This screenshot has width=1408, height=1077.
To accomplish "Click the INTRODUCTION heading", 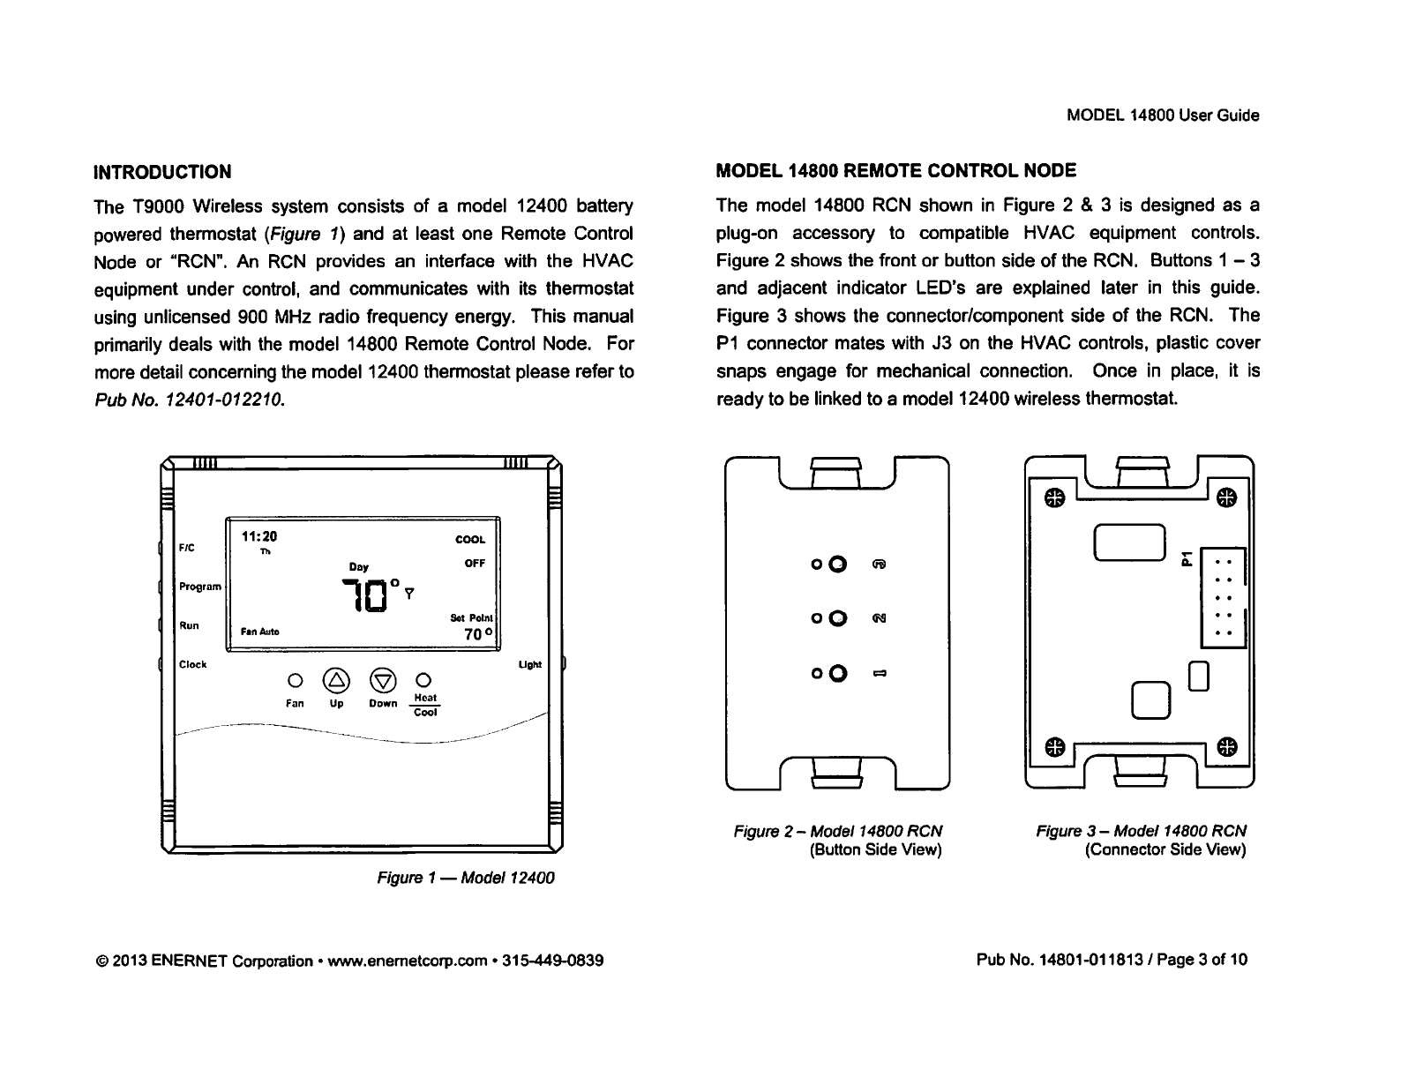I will [x=163, y=171].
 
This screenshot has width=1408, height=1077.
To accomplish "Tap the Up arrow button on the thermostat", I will [x=336, y=679].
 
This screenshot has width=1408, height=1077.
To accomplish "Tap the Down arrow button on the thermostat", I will [x=384, y=679].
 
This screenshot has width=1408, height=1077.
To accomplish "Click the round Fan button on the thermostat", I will [x=296, y=680].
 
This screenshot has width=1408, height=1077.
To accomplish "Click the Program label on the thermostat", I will [x=200, y=587].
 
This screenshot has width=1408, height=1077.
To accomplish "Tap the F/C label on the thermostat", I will [x=187, y=547].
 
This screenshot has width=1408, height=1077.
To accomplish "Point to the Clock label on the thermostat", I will [x=192, y=664].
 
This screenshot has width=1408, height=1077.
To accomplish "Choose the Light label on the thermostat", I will [x=529, y=664].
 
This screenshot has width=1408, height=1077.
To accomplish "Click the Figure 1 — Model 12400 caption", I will [x=465, y=879].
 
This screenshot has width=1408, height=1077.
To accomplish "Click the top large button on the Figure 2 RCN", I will [x=838, y=565].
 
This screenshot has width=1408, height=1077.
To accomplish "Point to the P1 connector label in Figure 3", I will [x=1187, y=556].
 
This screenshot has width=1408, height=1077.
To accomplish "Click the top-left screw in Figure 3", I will [x=1051, y=498].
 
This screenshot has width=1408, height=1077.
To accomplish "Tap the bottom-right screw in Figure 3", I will [x=1227, y=746].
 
